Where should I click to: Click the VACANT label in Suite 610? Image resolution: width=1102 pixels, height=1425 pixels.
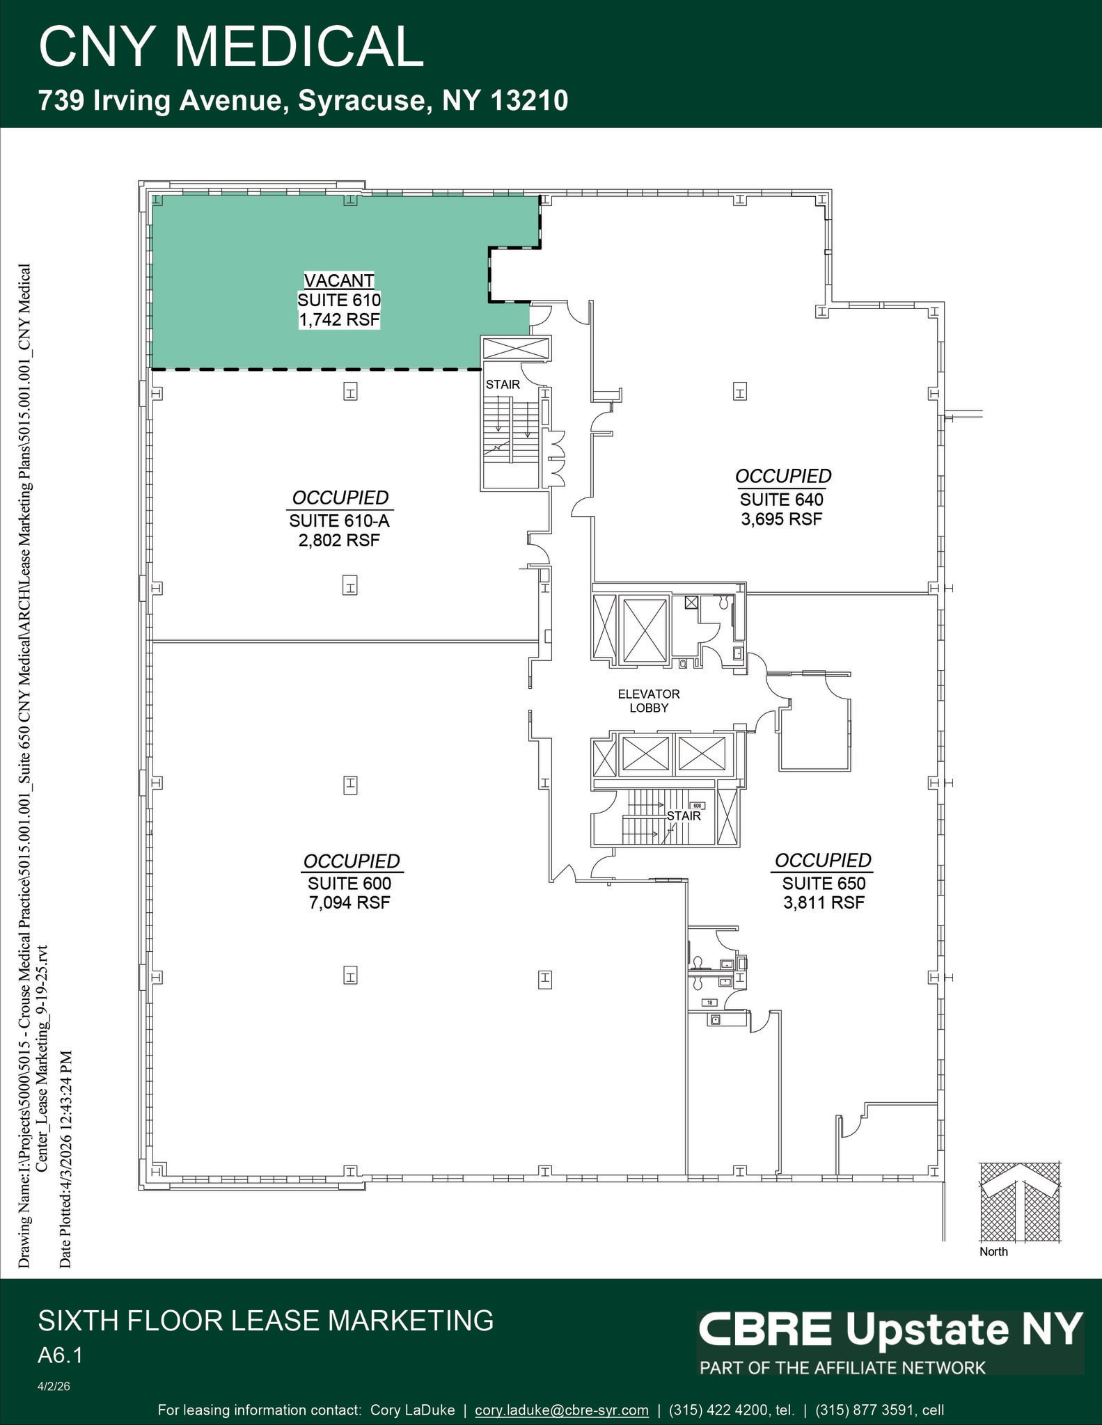pyautogui.click(x=339, y=280)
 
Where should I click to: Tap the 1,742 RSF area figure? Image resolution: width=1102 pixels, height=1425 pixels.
pyautogui.click(x=339, y=320)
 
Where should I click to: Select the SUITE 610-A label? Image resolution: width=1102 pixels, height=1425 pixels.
pyautogui.click(x=339, y=520)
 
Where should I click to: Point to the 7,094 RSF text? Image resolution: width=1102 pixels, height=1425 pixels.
pyautogui.click(x=350, y=903)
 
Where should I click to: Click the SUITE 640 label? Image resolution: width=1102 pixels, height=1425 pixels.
pyautogui.click(x=782, y=500)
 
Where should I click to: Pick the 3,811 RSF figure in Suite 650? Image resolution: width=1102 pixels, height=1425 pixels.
pyautogui.click(x=824, y=903)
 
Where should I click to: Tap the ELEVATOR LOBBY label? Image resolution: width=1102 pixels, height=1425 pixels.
pyautogui.click(x=649, y=701)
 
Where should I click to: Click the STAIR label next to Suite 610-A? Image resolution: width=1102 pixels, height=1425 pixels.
pyautogui.click(x=503, y=384)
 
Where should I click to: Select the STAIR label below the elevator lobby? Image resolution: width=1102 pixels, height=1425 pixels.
pyautogui.click(x=684, y=815)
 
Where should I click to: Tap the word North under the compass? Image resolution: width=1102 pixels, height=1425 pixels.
pyautogui.click(x=993, y=1252)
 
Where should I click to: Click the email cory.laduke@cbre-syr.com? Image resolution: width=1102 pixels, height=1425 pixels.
pyautogui.click(x=561, y=1410)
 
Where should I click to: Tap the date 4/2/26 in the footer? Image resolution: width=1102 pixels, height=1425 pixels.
pyautogui.click(x=54, y=1387)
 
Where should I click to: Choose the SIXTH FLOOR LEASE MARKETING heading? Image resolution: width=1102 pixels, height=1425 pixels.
pyautogui.click(x=265, y=1320)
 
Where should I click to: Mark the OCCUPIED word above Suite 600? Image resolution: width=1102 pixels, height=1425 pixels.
pyautogui.click(x=352, y=861)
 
